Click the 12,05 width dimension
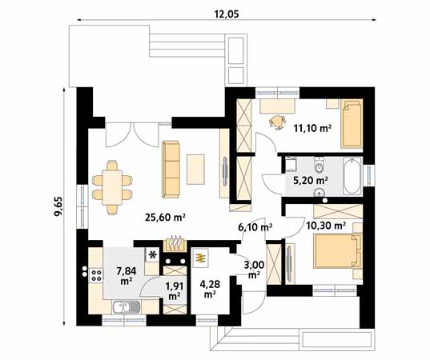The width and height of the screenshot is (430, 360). [227, 13]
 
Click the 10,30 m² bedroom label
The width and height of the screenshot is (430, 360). [327, 226]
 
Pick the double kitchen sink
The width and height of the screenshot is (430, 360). [126, 306]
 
